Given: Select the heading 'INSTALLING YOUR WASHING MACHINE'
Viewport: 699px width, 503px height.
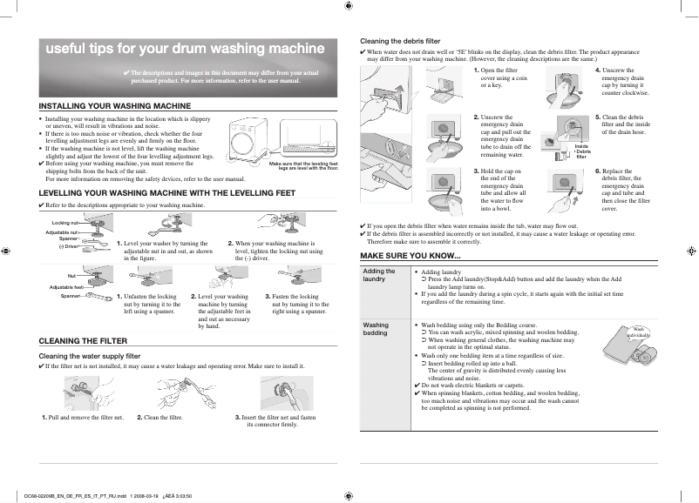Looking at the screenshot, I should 115,105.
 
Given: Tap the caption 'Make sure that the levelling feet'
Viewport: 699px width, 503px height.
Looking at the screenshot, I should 303,164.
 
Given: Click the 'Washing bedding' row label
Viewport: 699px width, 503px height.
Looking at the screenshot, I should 376,328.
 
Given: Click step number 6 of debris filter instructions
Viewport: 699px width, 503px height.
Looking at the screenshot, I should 599,171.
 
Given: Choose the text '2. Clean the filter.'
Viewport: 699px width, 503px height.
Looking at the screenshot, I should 159,418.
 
